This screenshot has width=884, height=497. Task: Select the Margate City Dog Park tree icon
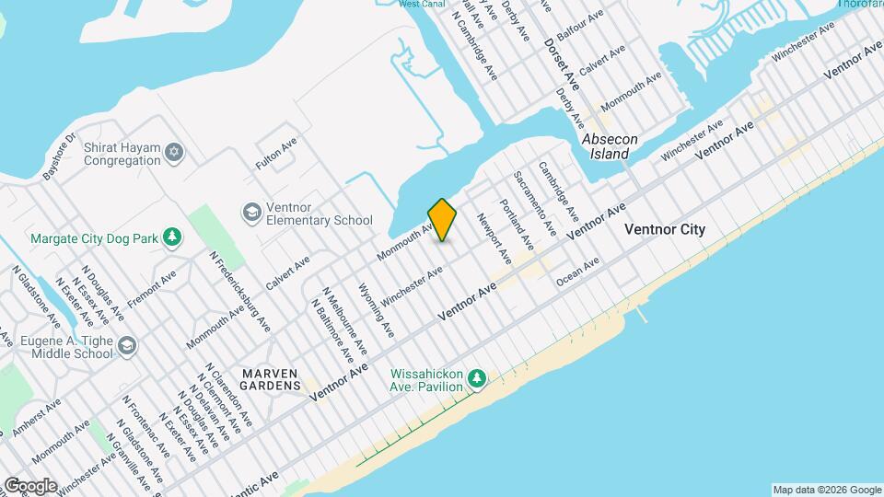coord(171,238)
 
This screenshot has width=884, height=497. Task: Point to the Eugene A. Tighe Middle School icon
coord(126,346)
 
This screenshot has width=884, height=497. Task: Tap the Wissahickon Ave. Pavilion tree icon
coord(476,378)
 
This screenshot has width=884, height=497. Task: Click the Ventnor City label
coord(665,229)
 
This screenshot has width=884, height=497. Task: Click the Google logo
coord(30,485)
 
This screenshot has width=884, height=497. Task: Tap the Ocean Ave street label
coord(578,265)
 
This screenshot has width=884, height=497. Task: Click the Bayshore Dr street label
coord(61,157)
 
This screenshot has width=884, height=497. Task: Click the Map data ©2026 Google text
coord(826,489)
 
